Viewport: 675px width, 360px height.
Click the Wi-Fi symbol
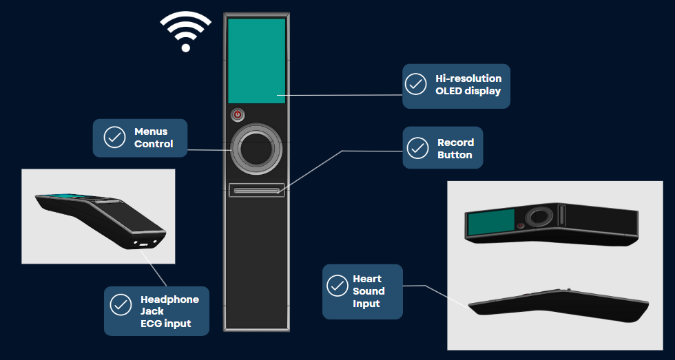click(185, 32)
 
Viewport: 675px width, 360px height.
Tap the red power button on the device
click(238, 115)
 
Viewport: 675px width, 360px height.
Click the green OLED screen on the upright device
click(256, 61)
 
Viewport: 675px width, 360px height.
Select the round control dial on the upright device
click(256, 149)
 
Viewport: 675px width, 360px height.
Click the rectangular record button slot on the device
click(257, 190)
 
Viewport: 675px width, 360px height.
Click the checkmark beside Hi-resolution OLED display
click(415, 85)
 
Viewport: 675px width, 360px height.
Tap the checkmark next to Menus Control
click(114, 137)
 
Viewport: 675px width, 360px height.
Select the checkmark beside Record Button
click(417, 148)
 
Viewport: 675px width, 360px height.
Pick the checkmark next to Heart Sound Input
click(337, 285)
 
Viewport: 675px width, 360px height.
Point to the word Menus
click(151, 131)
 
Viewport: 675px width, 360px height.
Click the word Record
click(455, 142)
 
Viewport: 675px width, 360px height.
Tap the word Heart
click(366, 279)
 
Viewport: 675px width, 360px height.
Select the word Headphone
click(169, 299)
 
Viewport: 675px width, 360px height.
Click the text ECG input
click(165, 324)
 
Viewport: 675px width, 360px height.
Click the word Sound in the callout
click(368, 291)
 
